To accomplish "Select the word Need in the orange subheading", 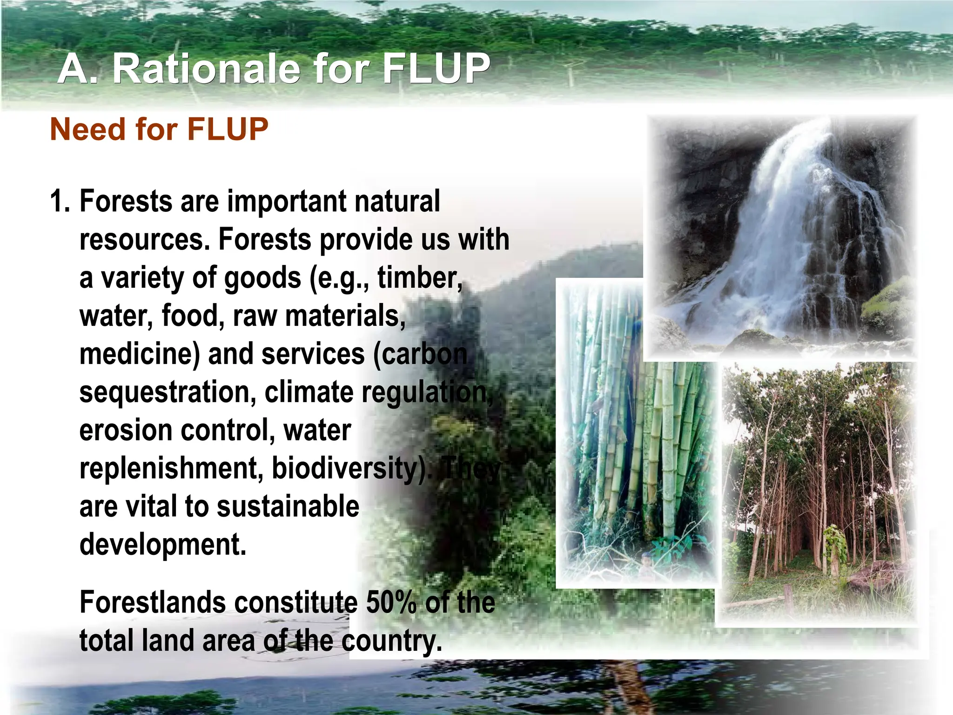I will click(x=87, y=129).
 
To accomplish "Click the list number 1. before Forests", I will click(x=60, y=202).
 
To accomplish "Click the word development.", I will click(x=163, y=545).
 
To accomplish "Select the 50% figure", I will click(x=391, y=602).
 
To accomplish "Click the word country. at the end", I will click(x=391, y=641).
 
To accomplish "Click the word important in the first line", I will click(x=286, y=202).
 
